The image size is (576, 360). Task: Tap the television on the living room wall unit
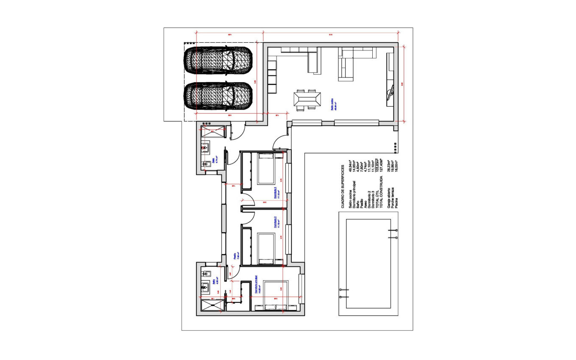(x=391, y=91)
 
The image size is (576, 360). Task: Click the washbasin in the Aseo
(x=205, y=148)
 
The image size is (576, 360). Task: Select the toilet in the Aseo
(x=207, y=164)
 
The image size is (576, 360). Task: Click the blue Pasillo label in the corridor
(x=235, y=256)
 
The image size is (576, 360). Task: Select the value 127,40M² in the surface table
(x=382, y=163)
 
